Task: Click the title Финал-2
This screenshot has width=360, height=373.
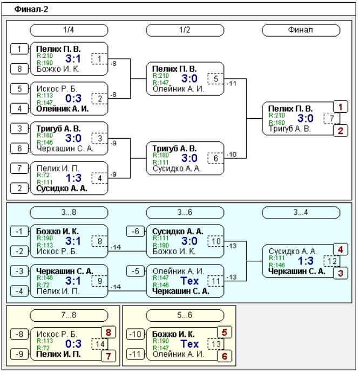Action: coord(31,9)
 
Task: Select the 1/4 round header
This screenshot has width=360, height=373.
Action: coord(69,30)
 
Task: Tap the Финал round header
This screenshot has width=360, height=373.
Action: coord(301,30)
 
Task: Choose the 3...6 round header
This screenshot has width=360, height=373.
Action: coord(185,213)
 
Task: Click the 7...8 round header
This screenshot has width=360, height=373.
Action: coord(69,315)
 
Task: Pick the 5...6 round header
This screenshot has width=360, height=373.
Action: coord(185,315)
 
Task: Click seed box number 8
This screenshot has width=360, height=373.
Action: coord(19,69)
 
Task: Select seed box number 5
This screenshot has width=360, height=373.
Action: coord(19,89)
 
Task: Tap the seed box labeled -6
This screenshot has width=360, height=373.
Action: coord(135,231)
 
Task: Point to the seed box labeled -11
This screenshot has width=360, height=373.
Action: coord(135,354)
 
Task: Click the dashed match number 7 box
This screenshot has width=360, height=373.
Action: coord(331,118)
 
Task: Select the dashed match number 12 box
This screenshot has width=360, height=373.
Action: coord(331,261)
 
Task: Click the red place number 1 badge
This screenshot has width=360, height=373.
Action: coord(341,107)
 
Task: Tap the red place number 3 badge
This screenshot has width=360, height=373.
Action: coord(341,273)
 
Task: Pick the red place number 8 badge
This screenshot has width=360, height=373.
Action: coord(108,333)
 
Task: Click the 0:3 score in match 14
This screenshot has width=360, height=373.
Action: coord(73,344)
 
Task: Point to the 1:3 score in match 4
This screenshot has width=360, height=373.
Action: coord(73,178)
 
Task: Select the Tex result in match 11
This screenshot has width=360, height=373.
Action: coord(189,281)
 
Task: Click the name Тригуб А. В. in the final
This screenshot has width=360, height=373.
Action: coord(290,128)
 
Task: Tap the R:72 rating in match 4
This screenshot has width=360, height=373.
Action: coord(43,175)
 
